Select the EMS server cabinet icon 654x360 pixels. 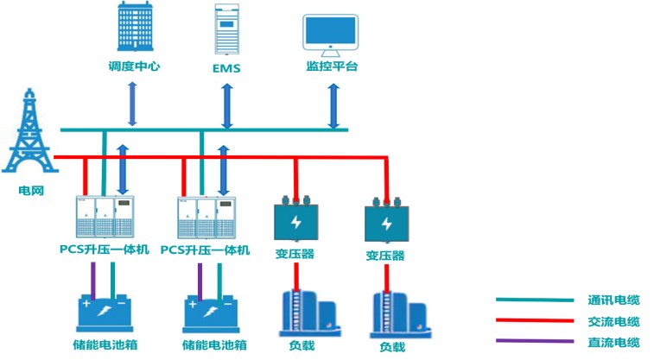[x=225, y=28]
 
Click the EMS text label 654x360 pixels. [x=225, y=66]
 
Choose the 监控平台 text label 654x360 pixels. [x=332, y=66]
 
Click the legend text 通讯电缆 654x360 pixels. [x=615, y=300]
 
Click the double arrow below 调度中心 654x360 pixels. [x=131, y=104]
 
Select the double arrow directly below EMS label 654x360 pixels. [x=226, y=106]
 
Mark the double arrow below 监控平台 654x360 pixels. [x=333, y=106]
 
